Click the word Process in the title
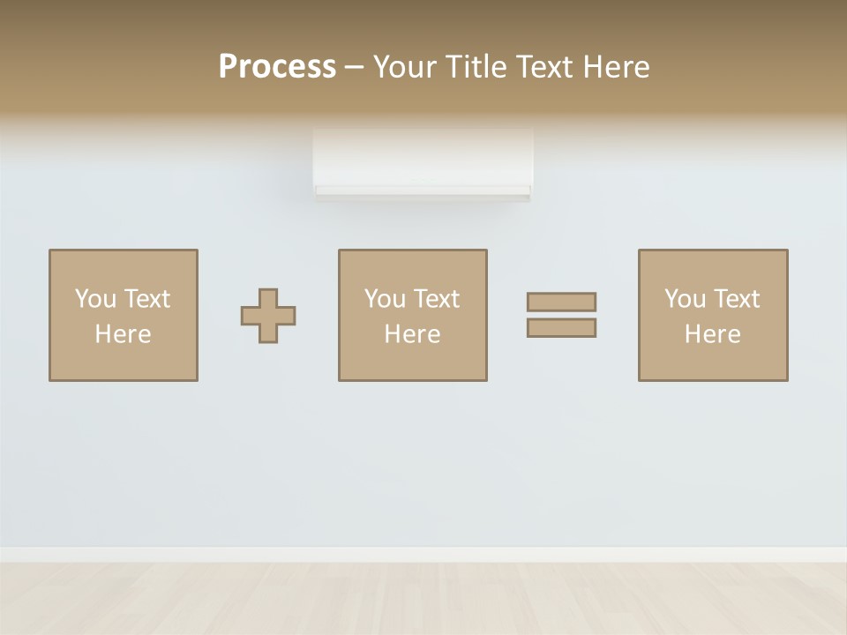[x=277, y=66]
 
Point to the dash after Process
[x=355, y=67]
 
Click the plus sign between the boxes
[x=268, y=315]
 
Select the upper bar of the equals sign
[x=561, y=302]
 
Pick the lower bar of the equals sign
[x=561, y=327]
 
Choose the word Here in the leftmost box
[x=123, y=334]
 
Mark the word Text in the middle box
[x=435, y=299]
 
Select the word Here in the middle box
[x=412, y=334]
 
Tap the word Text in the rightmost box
[x=735, y=299]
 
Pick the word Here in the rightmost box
[x=712, y=334]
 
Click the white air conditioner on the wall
[x=423, y=159]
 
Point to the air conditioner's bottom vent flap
[x=423, y=191]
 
